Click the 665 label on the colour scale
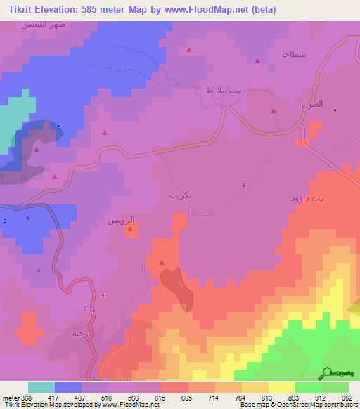tap(187, 398)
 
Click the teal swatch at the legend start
tap(41, 387)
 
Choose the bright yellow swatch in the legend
tap(282, 387)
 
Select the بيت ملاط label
tap(218, 90)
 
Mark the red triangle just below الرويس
tap(130, 229)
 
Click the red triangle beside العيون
tap(274, 111)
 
